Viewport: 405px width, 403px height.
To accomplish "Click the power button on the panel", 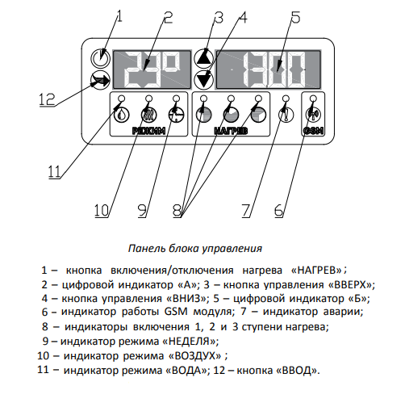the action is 100,58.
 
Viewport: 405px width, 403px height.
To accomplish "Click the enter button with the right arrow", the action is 100,80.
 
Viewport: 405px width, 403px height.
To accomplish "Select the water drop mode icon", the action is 122,115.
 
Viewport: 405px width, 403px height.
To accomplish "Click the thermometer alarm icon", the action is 286,115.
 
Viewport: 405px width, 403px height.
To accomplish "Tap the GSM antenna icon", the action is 313,115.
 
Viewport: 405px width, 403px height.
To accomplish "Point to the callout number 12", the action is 47,99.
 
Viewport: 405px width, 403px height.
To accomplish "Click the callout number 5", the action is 295,17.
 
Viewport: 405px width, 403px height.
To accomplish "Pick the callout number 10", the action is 102,210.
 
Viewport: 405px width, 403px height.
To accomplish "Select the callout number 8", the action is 177,210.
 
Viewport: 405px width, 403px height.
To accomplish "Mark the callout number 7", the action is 246,210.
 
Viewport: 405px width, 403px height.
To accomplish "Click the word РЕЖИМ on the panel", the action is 148,131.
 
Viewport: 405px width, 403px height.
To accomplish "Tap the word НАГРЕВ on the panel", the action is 231,131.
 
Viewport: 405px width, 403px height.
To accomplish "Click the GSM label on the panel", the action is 313,131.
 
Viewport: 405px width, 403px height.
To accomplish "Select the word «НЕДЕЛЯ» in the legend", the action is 190,342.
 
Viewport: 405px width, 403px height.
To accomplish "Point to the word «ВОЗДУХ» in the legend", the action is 194,356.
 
